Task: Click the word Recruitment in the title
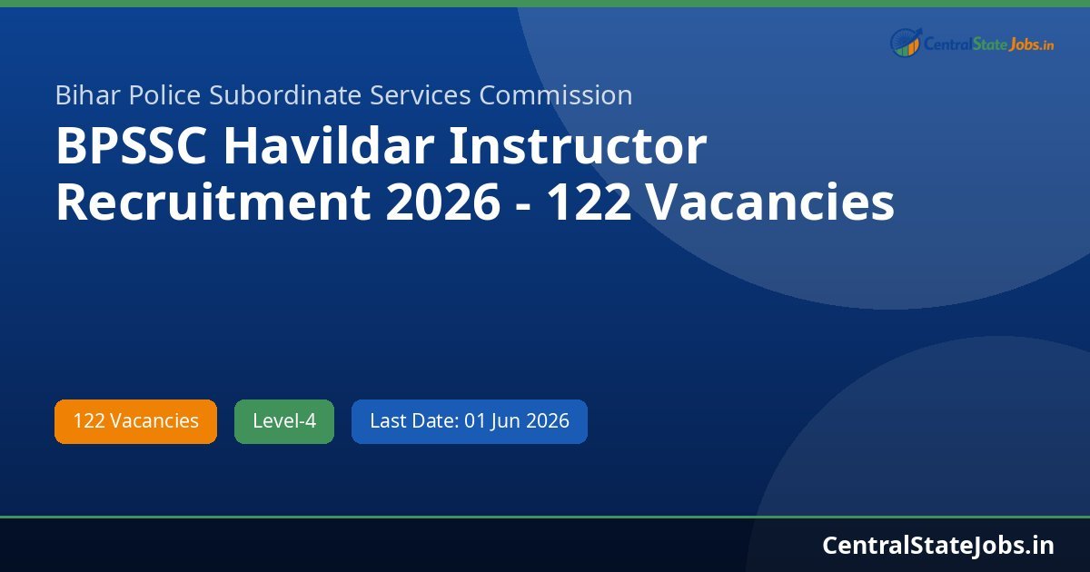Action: point(213,203)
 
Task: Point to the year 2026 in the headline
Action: point(442,203)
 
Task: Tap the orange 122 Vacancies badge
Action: point(135,421)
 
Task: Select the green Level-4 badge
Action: point(284,421)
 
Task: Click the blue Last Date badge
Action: point(469,421)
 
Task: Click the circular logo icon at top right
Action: point(905,42)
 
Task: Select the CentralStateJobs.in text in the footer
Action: point(938,545)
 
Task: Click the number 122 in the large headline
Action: point(590,203)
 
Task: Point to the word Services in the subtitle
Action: point(422,95)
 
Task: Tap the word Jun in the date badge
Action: point(508,421)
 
